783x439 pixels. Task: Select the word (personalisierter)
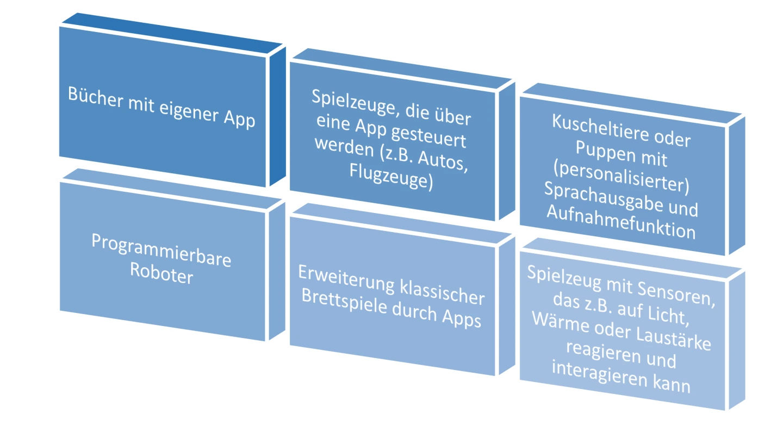620,177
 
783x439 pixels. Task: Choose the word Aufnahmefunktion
620,223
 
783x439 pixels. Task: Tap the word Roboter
161,274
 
